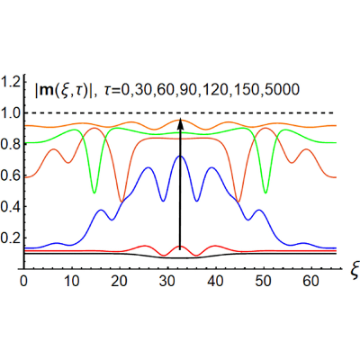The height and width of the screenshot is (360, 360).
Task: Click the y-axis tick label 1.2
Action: pos(10,82)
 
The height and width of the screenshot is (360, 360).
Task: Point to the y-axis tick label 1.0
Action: pos(10,113)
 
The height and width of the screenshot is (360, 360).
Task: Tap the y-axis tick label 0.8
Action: pos(10,144)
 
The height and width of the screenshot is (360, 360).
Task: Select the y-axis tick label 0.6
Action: pos(10,175)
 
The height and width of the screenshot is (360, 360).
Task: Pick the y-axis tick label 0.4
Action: pos(10,207)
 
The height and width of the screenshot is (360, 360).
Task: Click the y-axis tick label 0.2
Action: pos(10,238)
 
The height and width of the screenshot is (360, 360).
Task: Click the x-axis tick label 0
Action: pos(23,281)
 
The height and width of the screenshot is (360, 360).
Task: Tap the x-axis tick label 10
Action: pos(71,281)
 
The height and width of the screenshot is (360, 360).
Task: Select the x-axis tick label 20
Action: pos(120,281)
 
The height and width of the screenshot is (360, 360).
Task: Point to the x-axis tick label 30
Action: pos(167,281)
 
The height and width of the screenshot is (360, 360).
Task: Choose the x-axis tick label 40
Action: pos(215,281)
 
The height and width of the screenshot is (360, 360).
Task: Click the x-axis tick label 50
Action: pos(264,281)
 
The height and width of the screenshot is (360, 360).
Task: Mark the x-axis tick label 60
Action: pos(311,281)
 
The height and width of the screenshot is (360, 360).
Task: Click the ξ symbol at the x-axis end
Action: pos(353,271)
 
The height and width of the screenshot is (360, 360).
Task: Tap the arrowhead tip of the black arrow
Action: pos(180,118)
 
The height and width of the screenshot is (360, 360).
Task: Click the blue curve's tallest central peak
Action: pos(180,156)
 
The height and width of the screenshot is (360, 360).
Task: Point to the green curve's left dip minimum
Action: pos(94,193)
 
